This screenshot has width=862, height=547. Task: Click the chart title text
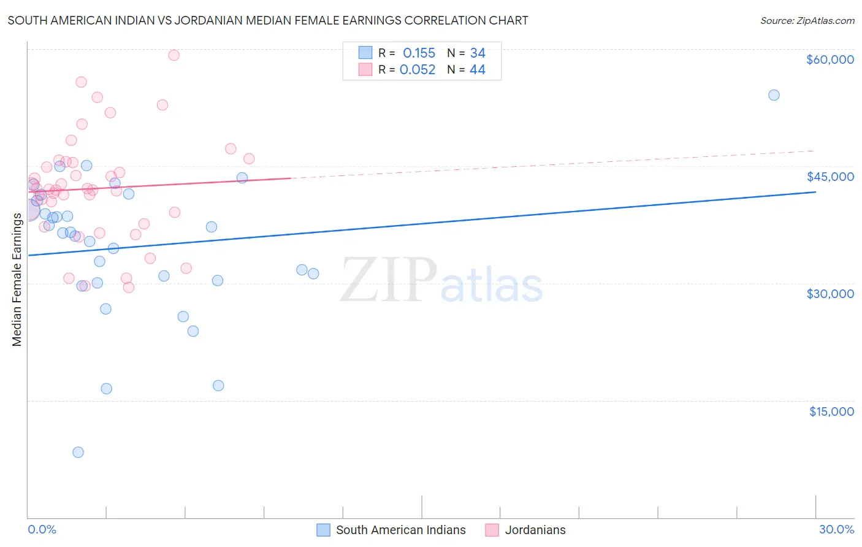click(267, 20)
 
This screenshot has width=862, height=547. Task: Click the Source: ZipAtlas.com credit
click(807, 20)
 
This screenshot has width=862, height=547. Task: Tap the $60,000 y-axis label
click(830, 59)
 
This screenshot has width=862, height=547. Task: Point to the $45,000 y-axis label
click(830, 177)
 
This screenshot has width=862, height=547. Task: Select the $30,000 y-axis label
click(830, 294)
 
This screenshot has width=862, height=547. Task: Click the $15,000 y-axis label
click(831, 411)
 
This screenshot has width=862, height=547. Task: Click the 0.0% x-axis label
click(42, 530)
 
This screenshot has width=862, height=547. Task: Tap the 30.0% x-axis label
click(836, 530)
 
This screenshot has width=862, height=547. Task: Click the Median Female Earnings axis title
click(17, 280)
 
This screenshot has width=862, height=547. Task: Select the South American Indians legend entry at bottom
click(400, 530)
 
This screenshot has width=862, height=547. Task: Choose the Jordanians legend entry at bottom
click(535, 530)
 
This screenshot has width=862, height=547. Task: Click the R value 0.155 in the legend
click(419, 53)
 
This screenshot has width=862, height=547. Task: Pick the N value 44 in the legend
click(477, 70)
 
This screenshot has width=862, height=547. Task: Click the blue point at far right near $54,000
click(774, 95)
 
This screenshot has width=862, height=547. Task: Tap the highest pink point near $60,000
click(174, 55)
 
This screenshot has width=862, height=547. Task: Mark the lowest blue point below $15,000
click(78, 453)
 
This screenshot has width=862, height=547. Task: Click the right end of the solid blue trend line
click(815, 192)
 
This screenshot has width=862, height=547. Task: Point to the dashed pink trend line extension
click(552, 164)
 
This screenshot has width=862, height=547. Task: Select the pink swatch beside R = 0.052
click(365, 70)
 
